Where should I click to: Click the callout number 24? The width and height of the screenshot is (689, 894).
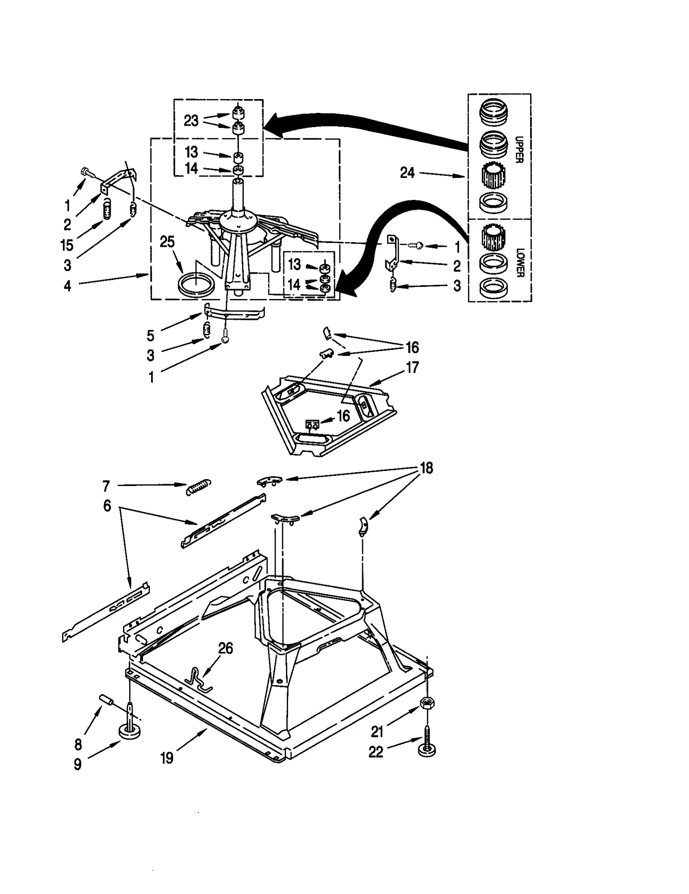click(x=407, y=173)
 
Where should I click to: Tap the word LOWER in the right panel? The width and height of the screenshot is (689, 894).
click(x=519, y=262)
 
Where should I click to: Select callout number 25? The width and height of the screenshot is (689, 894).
click(x=167, y=242)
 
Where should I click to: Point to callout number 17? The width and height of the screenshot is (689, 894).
click(x=412, y=368)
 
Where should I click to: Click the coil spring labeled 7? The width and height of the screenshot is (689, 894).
click(x=199, y=487)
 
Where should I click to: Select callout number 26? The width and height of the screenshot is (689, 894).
click(x=226, y=648)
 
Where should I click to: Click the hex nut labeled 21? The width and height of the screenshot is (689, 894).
click(x=427, y=703)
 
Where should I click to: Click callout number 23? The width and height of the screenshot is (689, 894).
click(x=191, y=121)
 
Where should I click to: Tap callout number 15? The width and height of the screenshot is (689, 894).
click(x=67, y=245)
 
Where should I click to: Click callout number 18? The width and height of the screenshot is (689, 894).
click(x=426, y=468)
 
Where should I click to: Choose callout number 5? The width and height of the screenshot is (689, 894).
click(x=150, y=335)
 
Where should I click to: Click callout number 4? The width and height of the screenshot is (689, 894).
click(x=68, y=285)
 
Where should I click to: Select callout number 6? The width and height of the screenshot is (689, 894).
click(x=107, y=505)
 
